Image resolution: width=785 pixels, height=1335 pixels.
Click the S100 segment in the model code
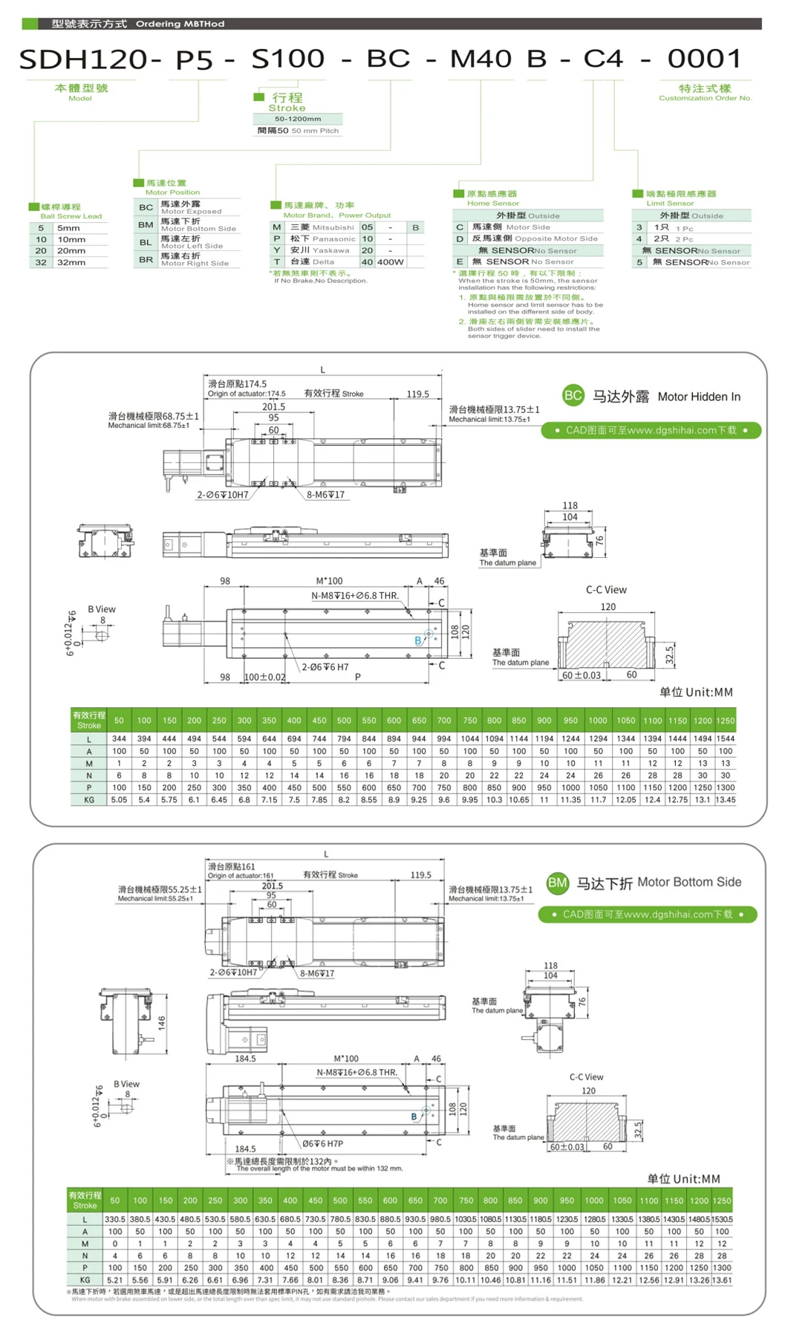click(x=288, y=59)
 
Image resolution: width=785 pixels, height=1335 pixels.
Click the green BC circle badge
click(x=573, y=395)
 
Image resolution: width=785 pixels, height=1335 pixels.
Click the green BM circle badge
click(x=557, y=883)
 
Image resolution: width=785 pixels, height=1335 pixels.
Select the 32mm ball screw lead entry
click(x=71, y=262)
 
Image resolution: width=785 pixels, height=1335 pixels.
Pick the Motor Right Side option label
click(x=195, y=263)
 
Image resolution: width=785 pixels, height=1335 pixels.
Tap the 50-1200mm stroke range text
click(x=298, y=119)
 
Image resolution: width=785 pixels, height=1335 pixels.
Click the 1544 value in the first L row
click(x=725, y=739)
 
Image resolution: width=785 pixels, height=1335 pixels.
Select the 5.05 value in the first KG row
click(x=119, y=800)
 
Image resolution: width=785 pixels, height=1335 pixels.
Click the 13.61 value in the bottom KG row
click(x=722, y=1280)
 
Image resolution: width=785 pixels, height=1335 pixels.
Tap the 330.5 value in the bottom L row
click(x=115, y=1219)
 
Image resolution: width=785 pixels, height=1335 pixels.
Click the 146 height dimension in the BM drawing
click(x=161, y=1023)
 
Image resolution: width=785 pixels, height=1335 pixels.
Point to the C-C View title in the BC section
click(x=606, y=590)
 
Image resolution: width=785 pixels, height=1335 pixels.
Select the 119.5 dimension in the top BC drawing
click(x=417, y=394)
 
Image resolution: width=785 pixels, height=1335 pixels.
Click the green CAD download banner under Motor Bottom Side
click(x=647, y=915)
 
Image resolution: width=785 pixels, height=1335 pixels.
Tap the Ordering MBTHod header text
click(x=180, y=24)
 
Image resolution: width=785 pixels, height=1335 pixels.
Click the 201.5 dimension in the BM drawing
click(x=272, y=886)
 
